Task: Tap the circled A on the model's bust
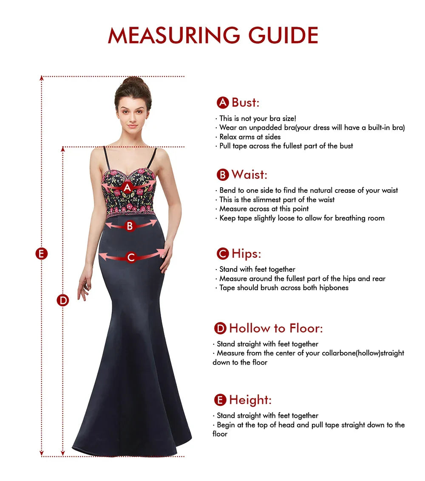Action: coord(127,187)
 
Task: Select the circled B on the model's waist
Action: coord(130,226)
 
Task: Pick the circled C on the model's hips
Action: coord(131,257)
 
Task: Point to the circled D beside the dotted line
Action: coord(63,300)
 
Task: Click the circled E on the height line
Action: coord(41,254)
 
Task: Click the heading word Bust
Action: coord(245,102)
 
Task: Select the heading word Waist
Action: coord(249,174)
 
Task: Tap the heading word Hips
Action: coord(246,254)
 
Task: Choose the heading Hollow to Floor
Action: coord(276,328)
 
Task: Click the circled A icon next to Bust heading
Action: coord(223,103)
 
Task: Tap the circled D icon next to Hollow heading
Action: coord(220,328)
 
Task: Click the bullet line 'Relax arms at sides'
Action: coord(250,137)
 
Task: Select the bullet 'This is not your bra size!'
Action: coord(258,118)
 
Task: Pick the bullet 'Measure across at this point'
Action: coord(264,209)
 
